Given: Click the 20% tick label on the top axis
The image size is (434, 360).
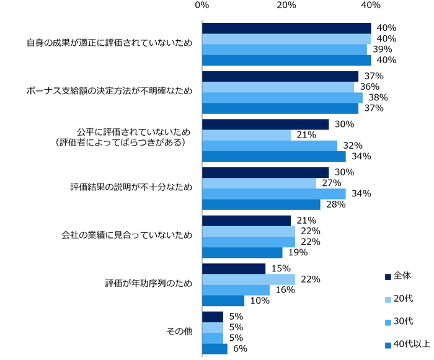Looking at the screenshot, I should pos(286,6).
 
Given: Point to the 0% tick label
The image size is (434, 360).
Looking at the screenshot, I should pos(201,6).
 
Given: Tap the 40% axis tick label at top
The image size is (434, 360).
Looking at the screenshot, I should pos(370,6).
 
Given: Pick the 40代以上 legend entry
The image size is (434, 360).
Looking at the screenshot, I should pos(405,343).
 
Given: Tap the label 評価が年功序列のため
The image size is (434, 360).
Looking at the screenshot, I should pos(148,284).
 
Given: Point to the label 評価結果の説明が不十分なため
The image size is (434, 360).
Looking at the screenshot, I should pos(131,188).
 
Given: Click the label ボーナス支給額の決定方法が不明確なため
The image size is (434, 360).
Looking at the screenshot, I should pos(109,91).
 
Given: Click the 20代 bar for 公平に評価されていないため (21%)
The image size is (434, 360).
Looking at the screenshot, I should pos(246,135).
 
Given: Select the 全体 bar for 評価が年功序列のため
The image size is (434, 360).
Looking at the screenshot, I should pos(233,268).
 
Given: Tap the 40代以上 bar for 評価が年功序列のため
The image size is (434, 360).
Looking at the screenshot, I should pos(223,301).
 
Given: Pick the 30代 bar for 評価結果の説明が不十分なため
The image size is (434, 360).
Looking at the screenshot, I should pos(273,193).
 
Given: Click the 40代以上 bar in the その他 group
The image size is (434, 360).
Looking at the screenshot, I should pos(215,349).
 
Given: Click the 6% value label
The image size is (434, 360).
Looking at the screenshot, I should pos(240,349).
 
